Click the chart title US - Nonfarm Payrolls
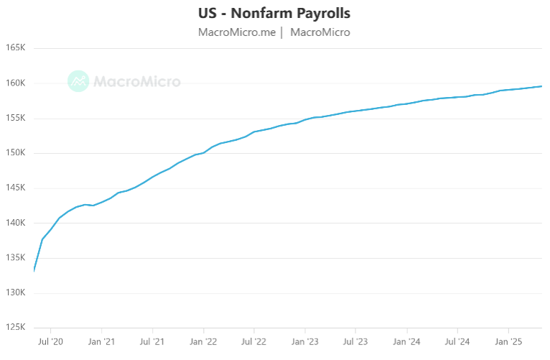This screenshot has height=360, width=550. pos(274,14)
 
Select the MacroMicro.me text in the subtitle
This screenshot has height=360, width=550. pos(237,32)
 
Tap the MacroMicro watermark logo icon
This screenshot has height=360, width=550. pos(78,81)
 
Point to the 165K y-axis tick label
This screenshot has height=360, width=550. pos(15,48)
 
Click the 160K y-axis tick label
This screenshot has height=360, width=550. pos(15,83)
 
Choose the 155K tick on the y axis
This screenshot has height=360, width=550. pos(15,119)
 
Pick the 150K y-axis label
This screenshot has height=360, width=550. pos(15,153)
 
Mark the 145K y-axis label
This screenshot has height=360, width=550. pos(15,188)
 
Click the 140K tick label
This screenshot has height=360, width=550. pos(15,223)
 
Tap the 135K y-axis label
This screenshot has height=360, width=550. pos(15,258)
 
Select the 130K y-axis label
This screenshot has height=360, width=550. pos(15,293)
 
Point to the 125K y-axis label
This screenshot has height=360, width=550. pos(15,328)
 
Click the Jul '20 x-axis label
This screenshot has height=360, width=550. pos(50,342)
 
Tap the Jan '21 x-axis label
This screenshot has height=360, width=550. pos(102,342)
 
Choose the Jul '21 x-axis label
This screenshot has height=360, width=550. pos(152,342)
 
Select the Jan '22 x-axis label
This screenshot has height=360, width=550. pos(204,342)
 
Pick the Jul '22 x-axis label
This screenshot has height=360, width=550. pos(254,342)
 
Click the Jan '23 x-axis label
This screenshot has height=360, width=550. pos(306,342)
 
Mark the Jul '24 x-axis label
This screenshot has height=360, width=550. pos(457,342)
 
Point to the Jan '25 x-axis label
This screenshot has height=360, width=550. pos(509,342)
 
